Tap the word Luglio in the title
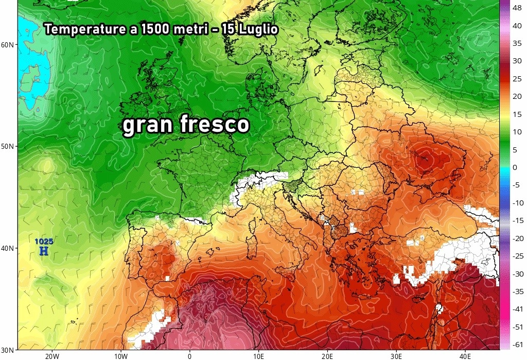coord(258,29)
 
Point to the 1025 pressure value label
coord(44,241)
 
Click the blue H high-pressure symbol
coord(44,251)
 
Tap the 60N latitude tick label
coord(8,45)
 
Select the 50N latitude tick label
coord(8,146)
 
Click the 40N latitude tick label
coord(8,248)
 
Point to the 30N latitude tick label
coord(8,350)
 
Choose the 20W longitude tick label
coord(51,355)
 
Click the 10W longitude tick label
coord(120,355)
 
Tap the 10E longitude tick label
coord(258,355)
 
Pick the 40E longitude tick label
coord(465,355)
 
